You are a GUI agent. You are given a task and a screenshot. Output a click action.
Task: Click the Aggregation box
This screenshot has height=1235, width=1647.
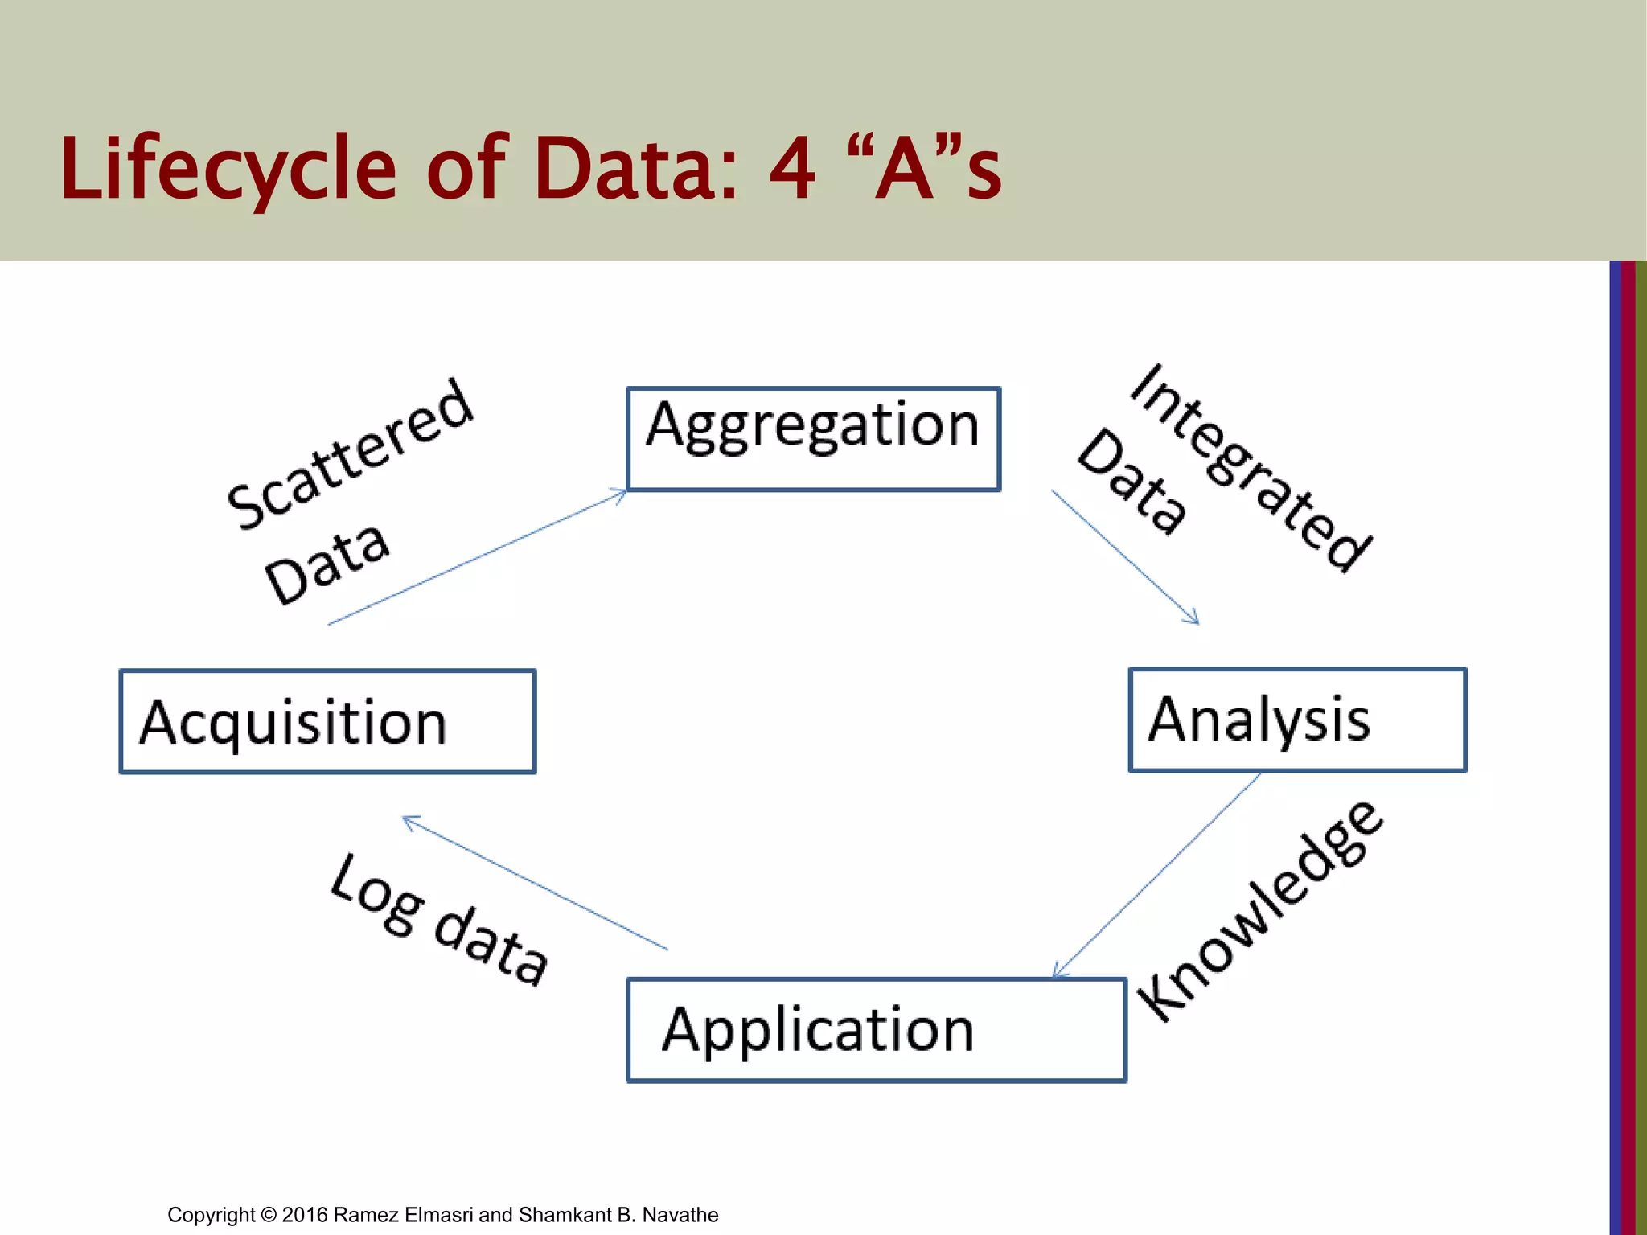(813, 439)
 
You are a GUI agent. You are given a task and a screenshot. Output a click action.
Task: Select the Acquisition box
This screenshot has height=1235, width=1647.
(327, 721)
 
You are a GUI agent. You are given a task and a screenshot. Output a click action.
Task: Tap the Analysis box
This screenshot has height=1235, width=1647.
(1297, 720)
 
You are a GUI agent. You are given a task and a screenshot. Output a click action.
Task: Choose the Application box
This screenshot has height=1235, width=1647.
(876, 1030)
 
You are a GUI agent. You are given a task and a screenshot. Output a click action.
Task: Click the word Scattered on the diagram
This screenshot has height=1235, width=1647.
(351, 453)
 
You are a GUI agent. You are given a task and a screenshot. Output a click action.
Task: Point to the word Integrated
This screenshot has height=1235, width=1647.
(1251, 467)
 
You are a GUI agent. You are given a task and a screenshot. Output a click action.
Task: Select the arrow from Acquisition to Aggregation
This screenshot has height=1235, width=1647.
(478, 556)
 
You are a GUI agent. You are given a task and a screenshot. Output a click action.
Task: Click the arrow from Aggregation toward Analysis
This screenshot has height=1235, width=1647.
(1125, 556)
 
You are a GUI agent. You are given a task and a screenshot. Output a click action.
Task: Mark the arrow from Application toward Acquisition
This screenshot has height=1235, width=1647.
(535, 883)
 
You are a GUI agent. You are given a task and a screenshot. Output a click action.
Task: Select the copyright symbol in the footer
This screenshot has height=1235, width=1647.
(269, 1215)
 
